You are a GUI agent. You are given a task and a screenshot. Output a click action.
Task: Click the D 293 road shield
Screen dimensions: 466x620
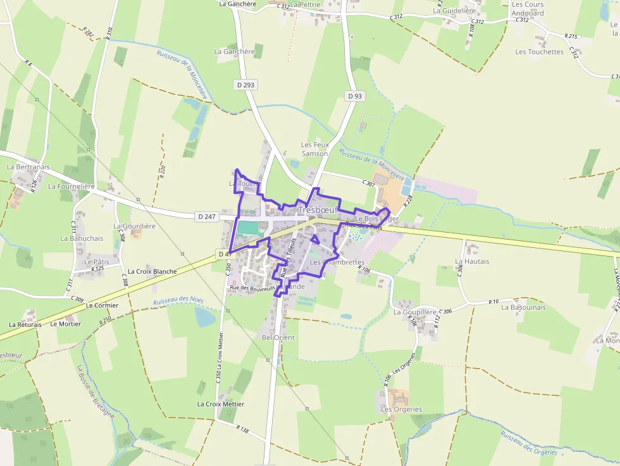pyautogui.click(x=246, y=84)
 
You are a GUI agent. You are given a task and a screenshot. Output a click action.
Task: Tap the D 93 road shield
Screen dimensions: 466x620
pyautogui.click(x=355, y=96)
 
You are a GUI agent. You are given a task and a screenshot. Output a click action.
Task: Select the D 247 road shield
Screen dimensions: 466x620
pyautogui.click(x=207, y=216)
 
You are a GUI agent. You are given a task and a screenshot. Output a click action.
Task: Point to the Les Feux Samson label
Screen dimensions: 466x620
pyautogui.click(x=314, y=149)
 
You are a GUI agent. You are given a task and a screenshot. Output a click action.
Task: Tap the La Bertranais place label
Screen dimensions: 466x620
pyautogui.click(x=28, y=167)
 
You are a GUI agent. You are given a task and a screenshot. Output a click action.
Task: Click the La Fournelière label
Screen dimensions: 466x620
pyautogui.click(x=71, y=187)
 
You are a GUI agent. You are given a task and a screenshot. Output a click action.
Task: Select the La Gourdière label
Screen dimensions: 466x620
pyautogui.click(x=134, y=226)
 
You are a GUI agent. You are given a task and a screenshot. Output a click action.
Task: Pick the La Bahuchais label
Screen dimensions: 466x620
pyautogui.click(x=82, y=238)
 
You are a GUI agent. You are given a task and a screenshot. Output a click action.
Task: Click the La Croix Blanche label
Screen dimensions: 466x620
pyautogui.click(x=152, y=271)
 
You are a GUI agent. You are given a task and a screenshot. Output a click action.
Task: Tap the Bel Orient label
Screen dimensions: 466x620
pyautogui.click(x=278, y=338)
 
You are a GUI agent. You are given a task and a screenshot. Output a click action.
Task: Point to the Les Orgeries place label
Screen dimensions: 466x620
pyautogui.click(x=401, y=409)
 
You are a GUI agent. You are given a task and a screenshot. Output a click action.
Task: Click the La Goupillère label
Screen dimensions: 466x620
pyautogui.click(x=415, y=312)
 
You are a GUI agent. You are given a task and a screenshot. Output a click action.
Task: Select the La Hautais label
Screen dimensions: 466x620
pyautogui.click(x=472, y=261)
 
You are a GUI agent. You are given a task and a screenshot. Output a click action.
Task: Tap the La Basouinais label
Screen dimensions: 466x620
pyautogui.click(x=523, y=307)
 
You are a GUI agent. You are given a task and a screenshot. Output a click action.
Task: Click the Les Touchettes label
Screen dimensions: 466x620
pyautogui.click(x=539, y=52)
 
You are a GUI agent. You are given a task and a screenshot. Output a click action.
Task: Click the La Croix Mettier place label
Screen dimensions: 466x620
pyautogui.click(x=221, y=403)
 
